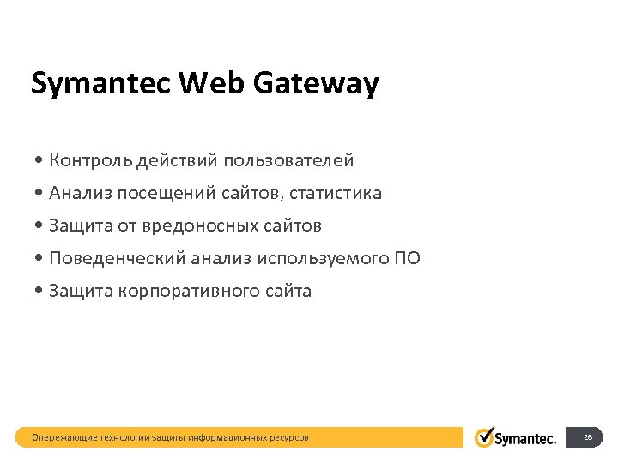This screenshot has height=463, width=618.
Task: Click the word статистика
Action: click(x=336, y=193)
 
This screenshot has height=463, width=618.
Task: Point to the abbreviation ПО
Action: click(x=407, y=258)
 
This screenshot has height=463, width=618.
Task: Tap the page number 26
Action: click(x=588, y=437)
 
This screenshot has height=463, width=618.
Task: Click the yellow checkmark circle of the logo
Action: click(x=485, y=437)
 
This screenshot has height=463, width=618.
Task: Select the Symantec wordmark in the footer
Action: click(x=526, y=439)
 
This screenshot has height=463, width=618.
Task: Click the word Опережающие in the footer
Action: click(x=64, y=438)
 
